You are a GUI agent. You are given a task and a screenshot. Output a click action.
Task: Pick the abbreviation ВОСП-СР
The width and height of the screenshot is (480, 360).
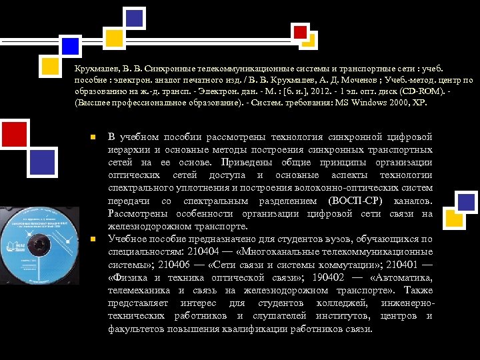pyautogui.click(x=355, y=201)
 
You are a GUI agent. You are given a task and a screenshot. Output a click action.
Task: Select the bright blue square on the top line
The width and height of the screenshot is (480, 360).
pyautogui.click(x=70, y=45)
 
